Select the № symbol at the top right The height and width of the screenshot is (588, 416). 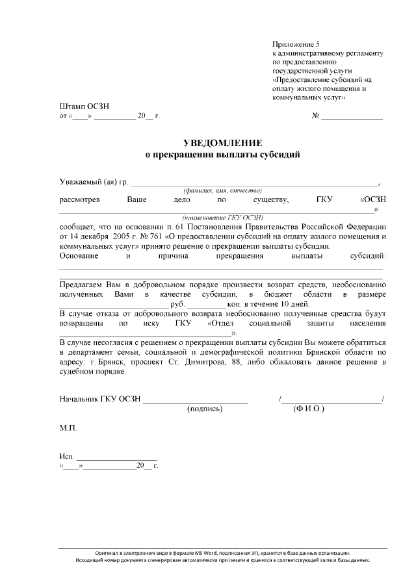pyautogui.click(x=316, y=116)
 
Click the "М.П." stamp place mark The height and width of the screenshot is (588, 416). pyautogui.click(x=68, y=429)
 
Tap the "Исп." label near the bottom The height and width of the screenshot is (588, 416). pyautogui.click(x=66, y=456)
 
